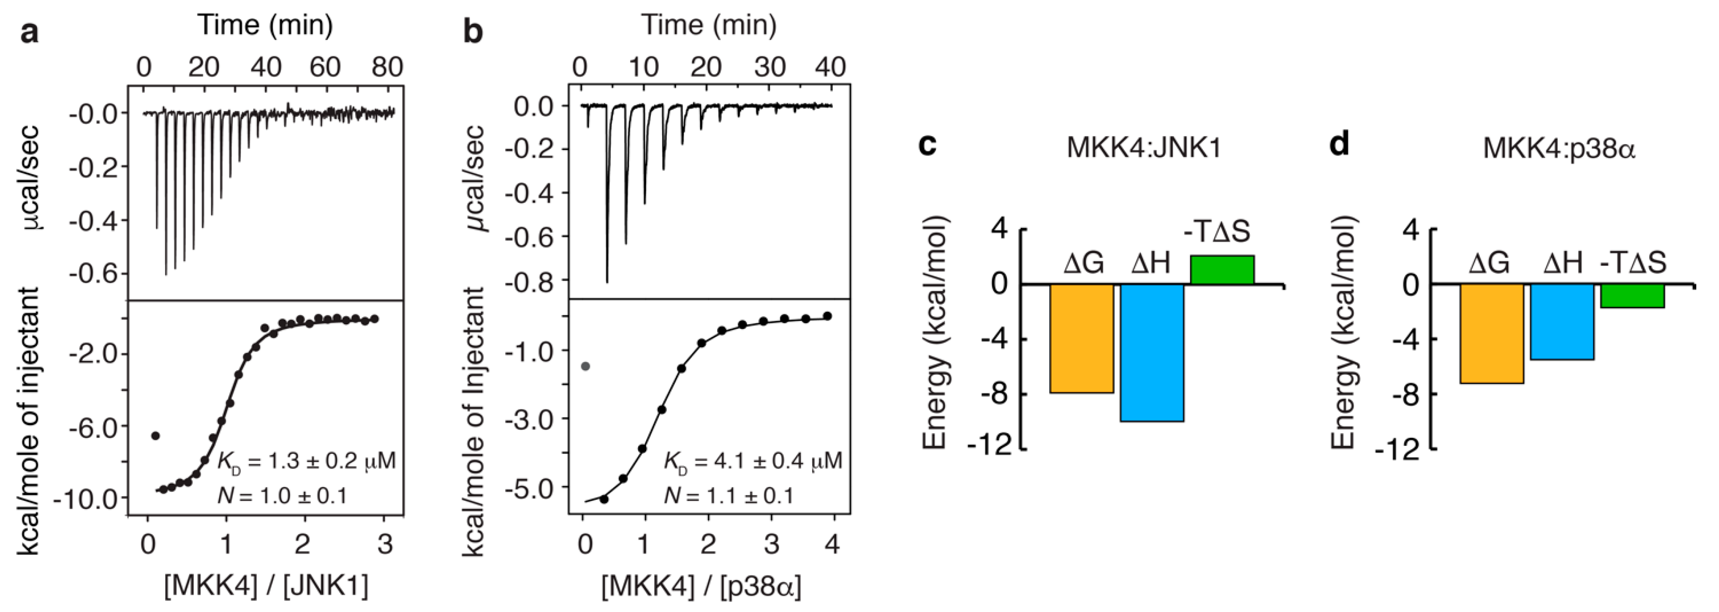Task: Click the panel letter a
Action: [29, 32]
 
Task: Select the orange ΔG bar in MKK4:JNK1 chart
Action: [1082, 338]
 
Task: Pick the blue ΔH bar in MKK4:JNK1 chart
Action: [1152, 352]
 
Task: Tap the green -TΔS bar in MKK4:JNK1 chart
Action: [1222, 270]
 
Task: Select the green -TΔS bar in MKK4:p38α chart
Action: [1632, 296]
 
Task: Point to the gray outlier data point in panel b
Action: [585, 366]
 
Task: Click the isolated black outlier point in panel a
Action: [156, 436]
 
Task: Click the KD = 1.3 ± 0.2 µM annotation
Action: [306, 461]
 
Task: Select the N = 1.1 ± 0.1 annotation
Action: [729, 496]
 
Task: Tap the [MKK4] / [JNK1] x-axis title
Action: [266, 586]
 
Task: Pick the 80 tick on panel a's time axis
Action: [387, 67]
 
